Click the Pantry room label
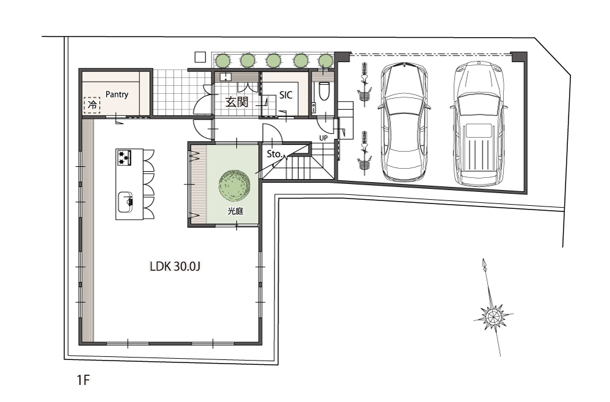[x=117, y=94]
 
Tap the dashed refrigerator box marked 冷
[x=92, y=105]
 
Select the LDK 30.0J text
[x=175, y=266]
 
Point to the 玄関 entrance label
[x=237, y=102]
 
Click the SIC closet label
[x=286, y=95]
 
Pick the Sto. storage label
[x=274, y=154]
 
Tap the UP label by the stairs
[x=323, y=138]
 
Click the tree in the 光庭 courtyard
[x=235, y=185]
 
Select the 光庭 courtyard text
[x=235, y=211]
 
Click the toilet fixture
[x=324, y=91]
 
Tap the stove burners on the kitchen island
[x=124, y=158]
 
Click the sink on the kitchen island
[x=125, y=202]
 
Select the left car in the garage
[x=404, y=122]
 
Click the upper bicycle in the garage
[x=364, y=85]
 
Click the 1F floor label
[x=83, y=379]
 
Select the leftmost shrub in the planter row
[x=223, y=60]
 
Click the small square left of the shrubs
[x=200, y=57]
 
